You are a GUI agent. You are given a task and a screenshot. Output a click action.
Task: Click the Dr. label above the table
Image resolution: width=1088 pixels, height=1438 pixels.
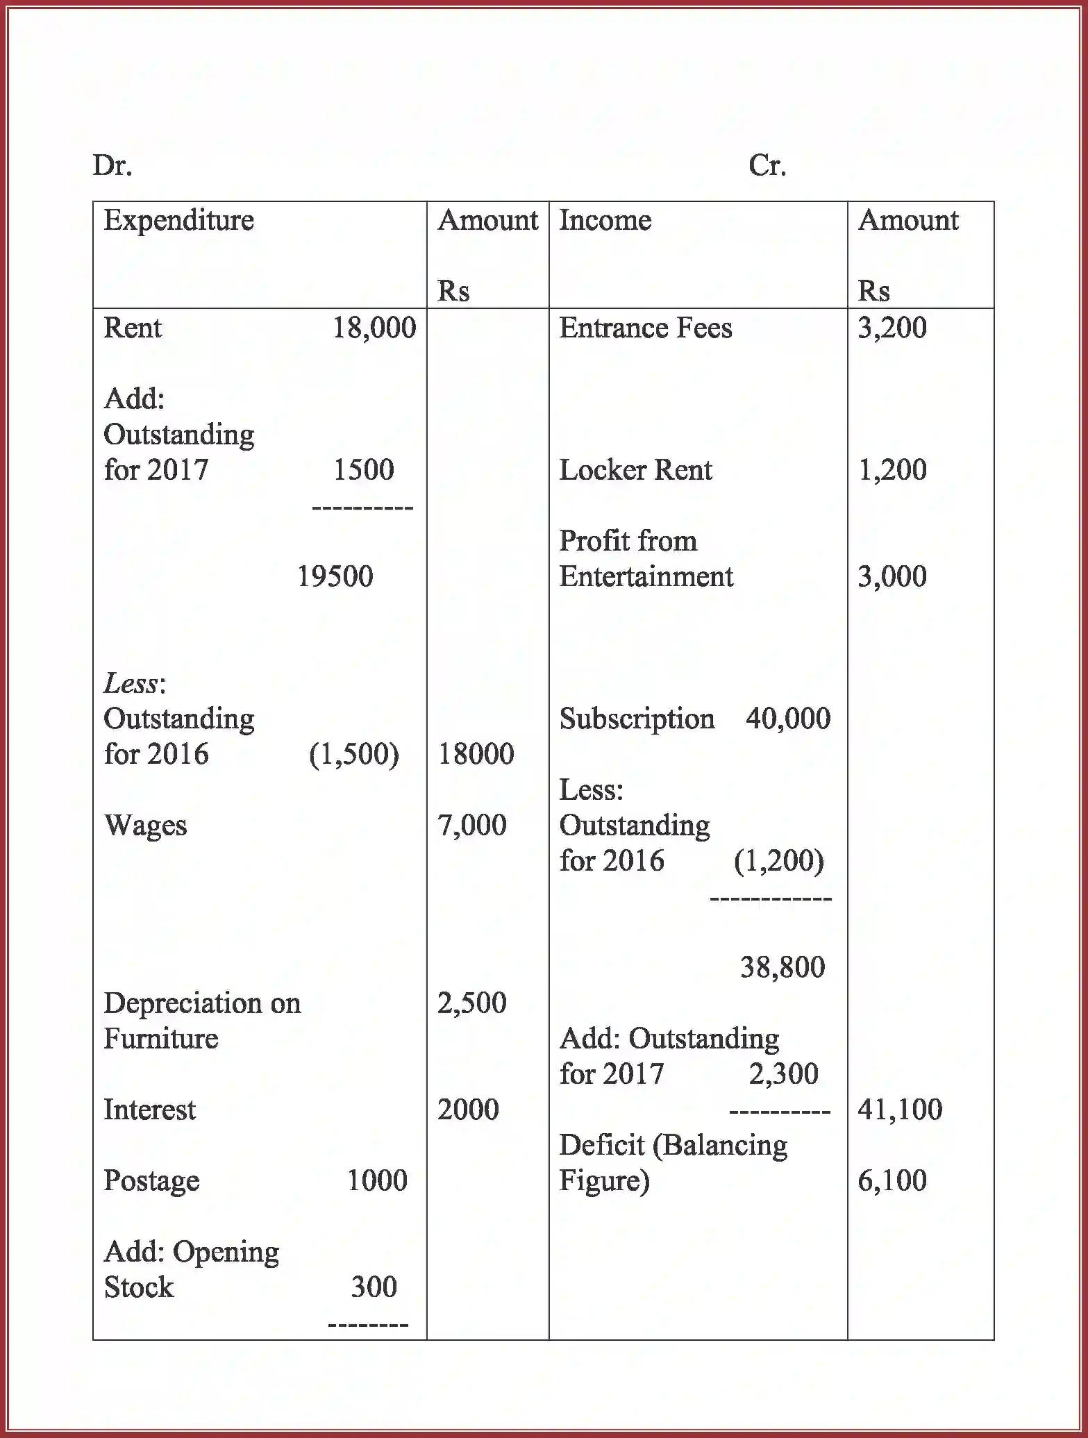point(112,165)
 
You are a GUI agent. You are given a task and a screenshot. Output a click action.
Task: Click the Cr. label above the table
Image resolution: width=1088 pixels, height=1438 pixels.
point(767,165)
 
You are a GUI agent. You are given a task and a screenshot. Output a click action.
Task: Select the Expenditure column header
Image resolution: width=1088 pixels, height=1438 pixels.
point(178,220)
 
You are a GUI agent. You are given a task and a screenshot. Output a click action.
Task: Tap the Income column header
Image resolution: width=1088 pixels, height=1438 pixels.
point(605,220)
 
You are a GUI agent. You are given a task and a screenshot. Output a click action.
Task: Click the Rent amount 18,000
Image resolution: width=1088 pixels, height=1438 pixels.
point(374,328)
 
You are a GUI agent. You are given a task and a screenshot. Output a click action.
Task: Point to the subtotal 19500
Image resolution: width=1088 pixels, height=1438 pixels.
point(335,576)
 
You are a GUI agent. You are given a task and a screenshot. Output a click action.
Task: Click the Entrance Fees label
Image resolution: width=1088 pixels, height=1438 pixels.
point(645,328)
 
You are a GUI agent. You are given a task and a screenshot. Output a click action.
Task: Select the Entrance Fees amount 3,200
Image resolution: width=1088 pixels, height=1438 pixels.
point(892,328)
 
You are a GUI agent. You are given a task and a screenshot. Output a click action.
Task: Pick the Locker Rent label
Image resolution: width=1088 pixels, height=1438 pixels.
point(635,470)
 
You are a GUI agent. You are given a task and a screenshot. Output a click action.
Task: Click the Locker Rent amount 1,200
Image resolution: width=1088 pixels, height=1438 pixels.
point(892,470)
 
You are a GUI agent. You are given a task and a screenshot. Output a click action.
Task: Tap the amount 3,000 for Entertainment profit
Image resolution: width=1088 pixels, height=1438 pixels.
point(892,576)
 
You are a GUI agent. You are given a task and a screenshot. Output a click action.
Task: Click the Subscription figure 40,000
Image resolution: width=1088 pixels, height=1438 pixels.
point(787,719)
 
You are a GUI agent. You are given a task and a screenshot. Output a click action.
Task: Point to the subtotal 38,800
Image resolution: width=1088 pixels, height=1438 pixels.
point(782,967)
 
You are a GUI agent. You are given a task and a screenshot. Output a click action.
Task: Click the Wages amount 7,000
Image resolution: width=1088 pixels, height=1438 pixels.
point(471,825)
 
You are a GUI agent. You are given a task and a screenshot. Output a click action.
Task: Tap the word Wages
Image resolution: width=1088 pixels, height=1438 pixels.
point(145,826)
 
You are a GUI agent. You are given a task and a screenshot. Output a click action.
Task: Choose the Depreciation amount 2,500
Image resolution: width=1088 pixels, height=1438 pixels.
point(471,1003)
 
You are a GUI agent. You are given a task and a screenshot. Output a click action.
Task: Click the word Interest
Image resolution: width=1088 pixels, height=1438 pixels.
point(149,1110)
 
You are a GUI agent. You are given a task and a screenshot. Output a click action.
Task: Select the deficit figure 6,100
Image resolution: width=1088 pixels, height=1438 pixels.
point(892,1180)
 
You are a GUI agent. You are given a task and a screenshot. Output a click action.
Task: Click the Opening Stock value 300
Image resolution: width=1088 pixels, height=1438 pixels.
point(374,1287)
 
